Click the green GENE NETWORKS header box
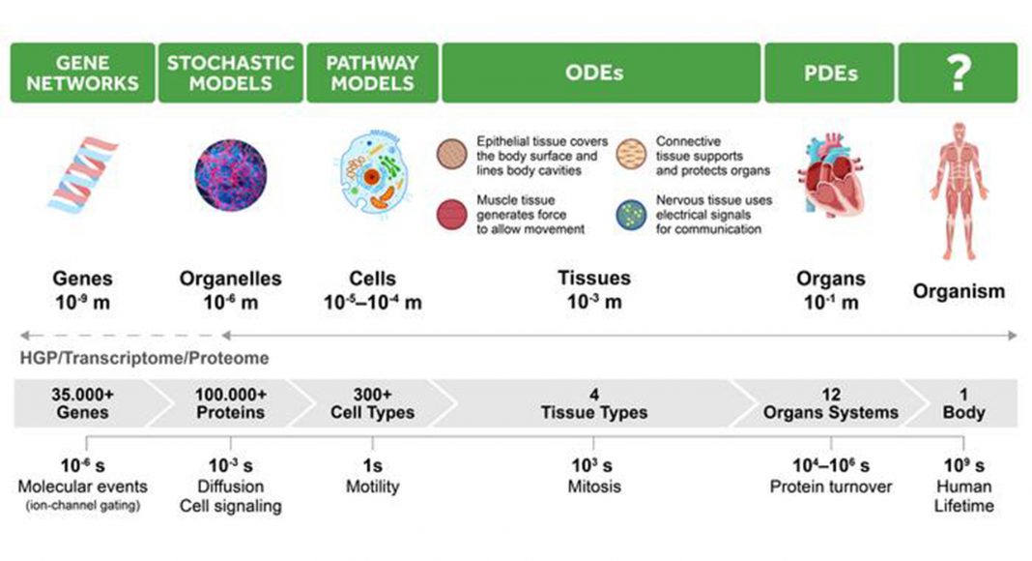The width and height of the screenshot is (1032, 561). coord(82,73)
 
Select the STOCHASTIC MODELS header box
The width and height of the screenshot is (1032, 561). coord(230,73)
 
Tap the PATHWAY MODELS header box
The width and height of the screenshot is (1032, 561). coord(372,73)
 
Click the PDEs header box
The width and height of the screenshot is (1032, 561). coord(829,73)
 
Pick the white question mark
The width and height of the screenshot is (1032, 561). coord(959,73)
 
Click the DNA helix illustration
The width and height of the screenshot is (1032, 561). coord(83,175)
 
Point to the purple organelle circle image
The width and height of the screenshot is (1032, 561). coord(230,175)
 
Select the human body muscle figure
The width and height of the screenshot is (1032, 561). coord(959,191)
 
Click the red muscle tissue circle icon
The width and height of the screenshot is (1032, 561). coord(452,215)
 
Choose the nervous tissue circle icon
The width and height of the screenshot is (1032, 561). coord(631,215)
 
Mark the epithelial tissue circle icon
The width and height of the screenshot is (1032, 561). coord(452,154)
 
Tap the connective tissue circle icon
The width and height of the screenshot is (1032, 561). coord(631,154)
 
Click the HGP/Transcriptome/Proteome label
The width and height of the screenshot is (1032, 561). coord(144,358)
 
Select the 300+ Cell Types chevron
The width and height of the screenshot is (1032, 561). coord(373,403)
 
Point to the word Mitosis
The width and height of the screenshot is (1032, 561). coord(594,487)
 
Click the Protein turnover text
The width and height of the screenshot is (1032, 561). coord(831,487)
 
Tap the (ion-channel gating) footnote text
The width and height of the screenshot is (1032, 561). coord(83,506)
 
